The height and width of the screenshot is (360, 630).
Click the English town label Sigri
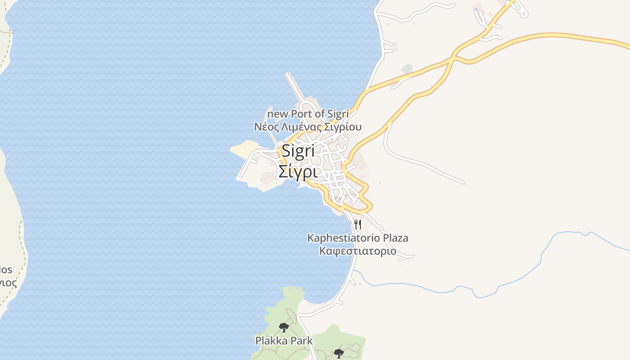point(297,151)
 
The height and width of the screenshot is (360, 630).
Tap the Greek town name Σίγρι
point(297,171)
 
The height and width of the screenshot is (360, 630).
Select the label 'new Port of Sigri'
point(308,114)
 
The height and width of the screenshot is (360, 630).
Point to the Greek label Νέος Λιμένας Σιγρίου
point(308,126)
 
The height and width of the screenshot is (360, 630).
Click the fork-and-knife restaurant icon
point(358,224)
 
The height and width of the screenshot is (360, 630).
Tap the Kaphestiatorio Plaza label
point(358,238)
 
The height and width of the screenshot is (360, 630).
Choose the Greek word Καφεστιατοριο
point(358,251)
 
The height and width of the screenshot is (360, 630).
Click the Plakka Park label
point(284,341)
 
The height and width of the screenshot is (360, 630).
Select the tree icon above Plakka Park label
point(283,327)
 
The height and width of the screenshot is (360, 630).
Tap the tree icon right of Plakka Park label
point(339,353)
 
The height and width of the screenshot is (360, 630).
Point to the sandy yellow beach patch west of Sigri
point(245,148)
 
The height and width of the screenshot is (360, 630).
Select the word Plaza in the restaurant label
point(395,238)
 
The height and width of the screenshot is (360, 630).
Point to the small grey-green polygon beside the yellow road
point(407,69)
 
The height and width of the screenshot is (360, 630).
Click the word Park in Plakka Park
point(301,341)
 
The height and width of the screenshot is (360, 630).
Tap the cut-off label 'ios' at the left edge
point(6,270)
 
